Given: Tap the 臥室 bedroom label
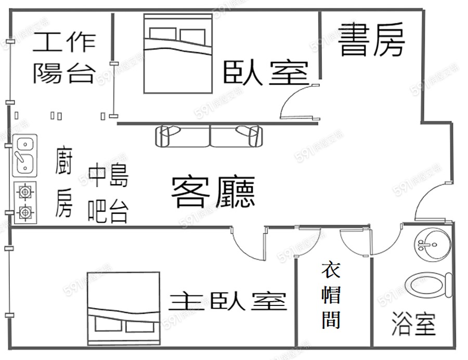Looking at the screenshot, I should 265,72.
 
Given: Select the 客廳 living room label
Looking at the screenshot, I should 213,192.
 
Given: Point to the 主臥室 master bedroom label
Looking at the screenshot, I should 228,301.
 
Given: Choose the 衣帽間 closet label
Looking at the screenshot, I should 331,295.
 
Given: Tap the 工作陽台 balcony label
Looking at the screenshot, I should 63,58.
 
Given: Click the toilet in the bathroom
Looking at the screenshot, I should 428,285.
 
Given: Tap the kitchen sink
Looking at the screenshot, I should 24,155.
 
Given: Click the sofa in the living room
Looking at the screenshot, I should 209,135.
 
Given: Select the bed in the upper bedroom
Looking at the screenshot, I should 177,53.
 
